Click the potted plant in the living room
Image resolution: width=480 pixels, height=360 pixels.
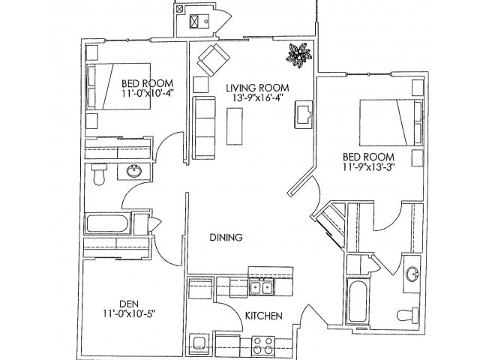click(299, 55)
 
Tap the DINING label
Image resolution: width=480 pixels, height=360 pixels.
click(226, 237)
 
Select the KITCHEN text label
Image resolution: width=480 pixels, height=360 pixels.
click(264, 316)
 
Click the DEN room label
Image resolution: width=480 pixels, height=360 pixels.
click(128, 304)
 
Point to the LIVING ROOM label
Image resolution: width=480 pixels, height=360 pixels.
click(257, 88)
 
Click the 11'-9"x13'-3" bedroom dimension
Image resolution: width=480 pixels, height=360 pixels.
click(368, 166)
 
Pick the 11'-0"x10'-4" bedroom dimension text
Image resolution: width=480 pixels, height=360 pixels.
click(148, 93)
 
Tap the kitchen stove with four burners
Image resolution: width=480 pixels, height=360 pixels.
click(263, 345)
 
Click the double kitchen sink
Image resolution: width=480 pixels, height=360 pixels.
click(261, 287)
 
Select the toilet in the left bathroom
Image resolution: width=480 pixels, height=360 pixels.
click(99, 174)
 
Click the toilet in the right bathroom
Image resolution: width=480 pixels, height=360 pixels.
click(407, 315)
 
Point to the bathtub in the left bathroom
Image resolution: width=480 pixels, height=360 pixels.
click(107, 223)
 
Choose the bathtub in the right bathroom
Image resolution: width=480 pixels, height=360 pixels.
click(358, 300)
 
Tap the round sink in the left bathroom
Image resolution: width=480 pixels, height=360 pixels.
click(134, 171)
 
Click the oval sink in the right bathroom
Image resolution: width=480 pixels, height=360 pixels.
click(412, 273)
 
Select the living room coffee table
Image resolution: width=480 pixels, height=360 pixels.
click(235, 126)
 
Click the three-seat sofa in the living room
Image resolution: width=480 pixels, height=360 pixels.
click(204, 127)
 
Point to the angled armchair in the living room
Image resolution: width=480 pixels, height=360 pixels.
click(213, 60)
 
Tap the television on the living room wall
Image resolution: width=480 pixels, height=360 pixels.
click(303, 114)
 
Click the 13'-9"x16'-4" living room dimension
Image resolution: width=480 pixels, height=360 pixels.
click(257, 97)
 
